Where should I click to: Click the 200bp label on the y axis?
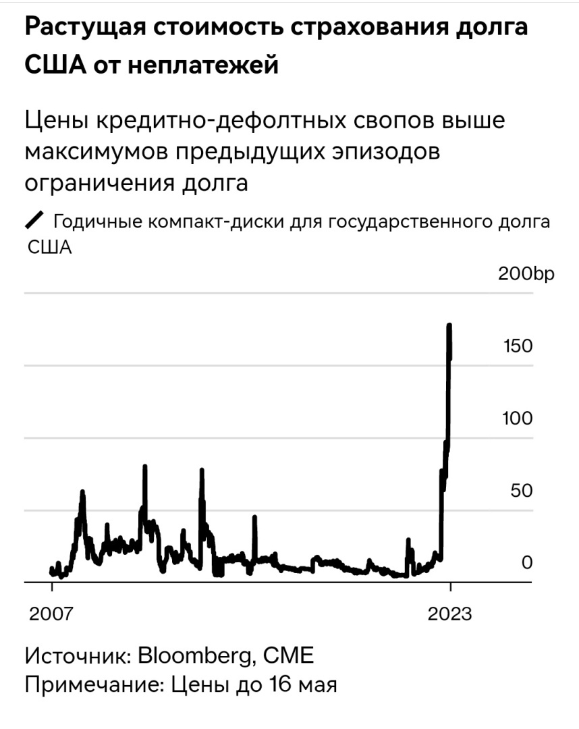[525, 274]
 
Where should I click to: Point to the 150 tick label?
[518, 346]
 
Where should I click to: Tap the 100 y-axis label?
[518, 418]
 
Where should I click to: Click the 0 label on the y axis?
[527, 563]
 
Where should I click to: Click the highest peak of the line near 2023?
[449, 326]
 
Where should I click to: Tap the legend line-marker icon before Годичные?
[34, 221]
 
